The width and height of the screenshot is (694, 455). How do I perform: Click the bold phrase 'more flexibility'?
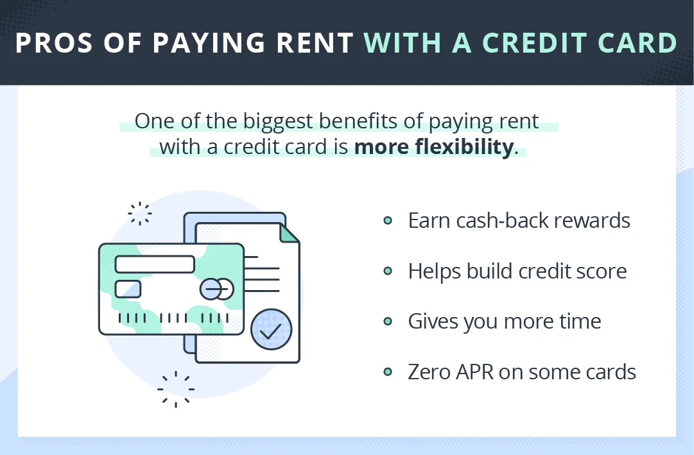pos(434,147)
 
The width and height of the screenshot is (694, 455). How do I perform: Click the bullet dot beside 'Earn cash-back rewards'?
pos(387,221)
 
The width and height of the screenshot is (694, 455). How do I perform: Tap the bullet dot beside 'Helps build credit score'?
pos(387,271)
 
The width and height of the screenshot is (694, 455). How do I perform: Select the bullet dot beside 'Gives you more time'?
pos(387,321)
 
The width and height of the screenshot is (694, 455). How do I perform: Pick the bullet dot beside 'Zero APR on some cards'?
pos(387,372)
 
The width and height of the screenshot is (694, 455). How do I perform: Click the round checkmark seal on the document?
pos(271,330)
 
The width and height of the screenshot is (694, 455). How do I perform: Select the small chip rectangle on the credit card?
pos(128,289)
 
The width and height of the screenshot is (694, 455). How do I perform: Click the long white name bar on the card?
pos(154,264)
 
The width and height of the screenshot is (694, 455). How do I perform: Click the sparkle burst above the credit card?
pos(139,213)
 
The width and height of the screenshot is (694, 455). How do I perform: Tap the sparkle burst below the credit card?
pos(175,389)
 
